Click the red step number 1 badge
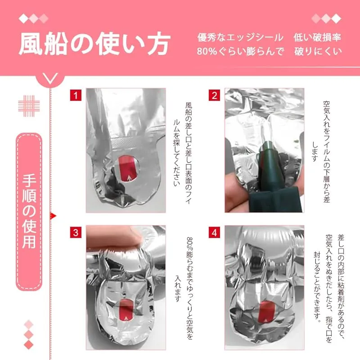(x=76, y=95)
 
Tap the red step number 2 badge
(x=215, y=95)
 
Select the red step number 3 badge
(x=76, y=232)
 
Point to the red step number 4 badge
(x=215, y=232)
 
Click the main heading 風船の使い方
(x=94, y=44)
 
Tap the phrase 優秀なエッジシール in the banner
(x=240, y=37)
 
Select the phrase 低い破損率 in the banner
(x=318, y=37)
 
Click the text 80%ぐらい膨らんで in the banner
(x=240, y=51)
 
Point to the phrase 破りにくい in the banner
(x=318, y=51)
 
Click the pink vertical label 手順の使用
(x=29, y=211)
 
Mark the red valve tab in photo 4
(x=266, y=312)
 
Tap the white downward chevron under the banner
(x=50, y=78)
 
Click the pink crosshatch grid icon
(x=29, y=106)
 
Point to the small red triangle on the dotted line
(x=53, y=216)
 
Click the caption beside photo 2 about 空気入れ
(x=321, y=152)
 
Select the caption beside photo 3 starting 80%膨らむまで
(x=184, y=288)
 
